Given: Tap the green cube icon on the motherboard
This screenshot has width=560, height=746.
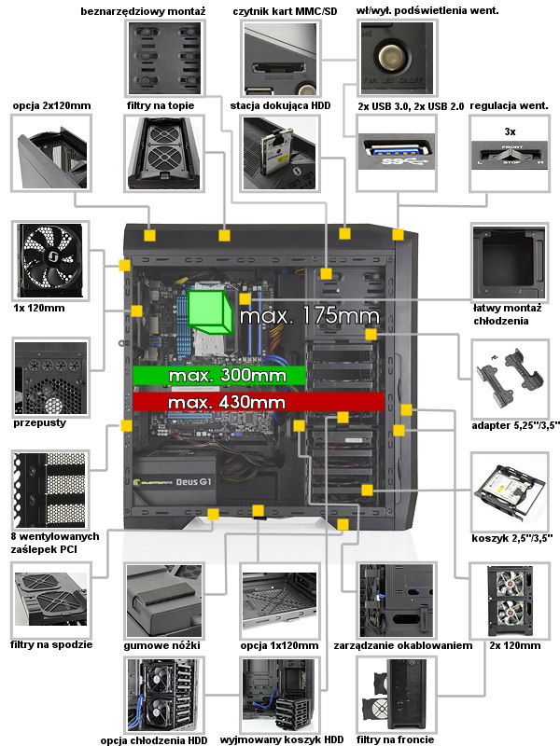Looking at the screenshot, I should click(210, 311).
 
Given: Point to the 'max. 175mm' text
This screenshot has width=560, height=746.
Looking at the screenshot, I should click(308, 317).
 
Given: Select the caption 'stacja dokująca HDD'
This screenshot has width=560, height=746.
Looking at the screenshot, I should click(279, 106).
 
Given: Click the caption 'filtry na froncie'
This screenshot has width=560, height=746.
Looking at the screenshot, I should click(396, 739).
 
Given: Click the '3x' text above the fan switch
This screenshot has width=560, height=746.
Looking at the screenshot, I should click(510, 131).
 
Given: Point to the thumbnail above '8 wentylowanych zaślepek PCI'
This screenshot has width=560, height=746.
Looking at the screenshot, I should click(50, 489).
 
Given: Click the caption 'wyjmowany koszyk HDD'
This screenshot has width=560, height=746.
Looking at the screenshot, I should click(279, 739).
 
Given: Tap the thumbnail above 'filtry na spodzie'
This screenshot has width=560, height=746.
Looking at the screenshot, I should click(50, 599).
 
